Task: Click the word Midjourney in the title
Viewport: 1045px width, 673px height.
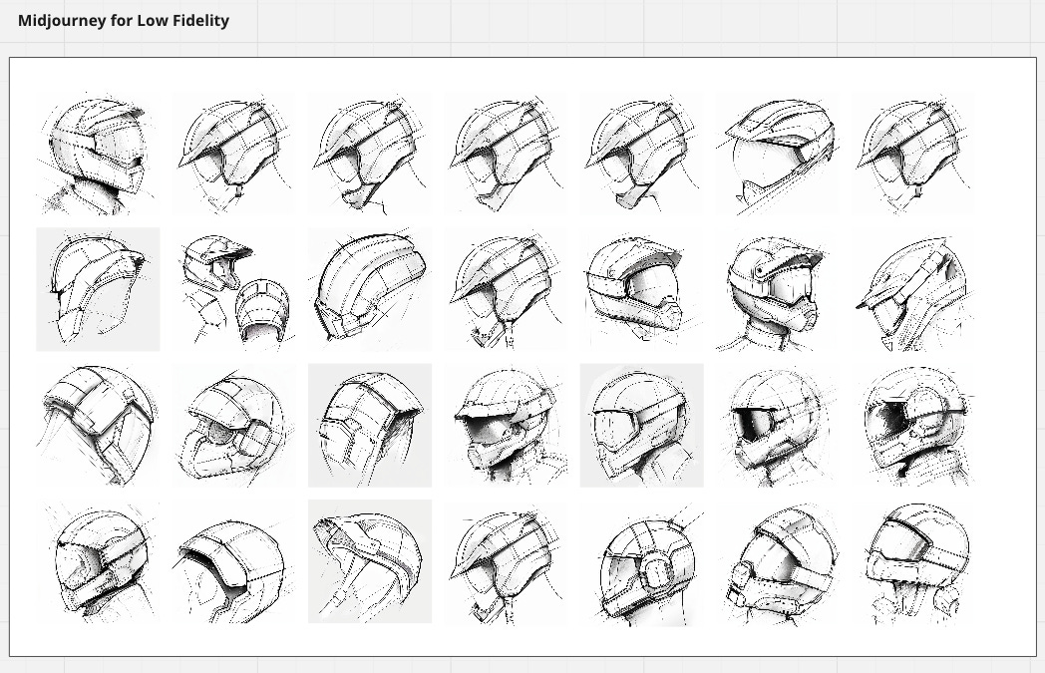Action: pos(63,20)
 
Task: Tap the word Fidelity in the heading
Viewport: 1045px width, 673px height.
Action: pos(197,20)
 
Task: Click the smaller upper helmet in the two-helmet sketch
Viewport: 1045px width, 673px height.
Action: pos(214,261)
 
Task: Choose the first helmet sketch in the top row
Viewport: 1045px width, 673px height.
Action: pos(98,155)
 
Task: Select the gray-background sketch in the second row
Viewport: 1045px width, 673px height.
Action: pos(98,289)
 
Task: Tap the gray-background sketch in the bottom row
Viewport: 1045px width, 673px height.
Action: pos(370,561)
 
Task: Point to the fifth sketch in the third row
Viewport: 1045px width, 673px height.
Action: pos(641,426)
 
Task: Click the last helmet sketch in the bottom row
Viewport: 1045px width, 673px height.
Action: pos(914,563)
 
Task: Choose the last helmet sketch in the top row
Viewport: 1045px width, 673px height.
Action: pos(912,155)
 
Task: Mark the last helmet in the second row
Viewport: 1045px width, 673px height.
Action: pos(912,291)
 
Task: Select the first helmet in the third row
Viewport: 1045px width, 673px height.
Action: pos(98,426)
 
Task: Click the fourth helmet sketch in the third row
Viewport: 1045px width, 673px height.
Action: pos(506,426)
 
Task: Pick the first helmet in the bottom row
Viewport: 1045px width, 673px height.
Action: pos(98,563)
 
